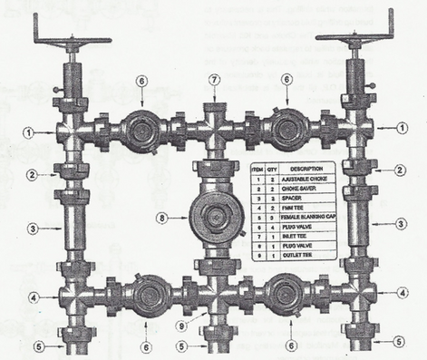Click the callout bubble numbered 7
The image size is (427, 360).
coord(215,81)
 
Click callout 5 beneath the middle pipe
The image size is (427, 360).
coord(184,345)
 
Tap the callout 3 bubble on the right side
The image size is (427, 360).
coord(400,223)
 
